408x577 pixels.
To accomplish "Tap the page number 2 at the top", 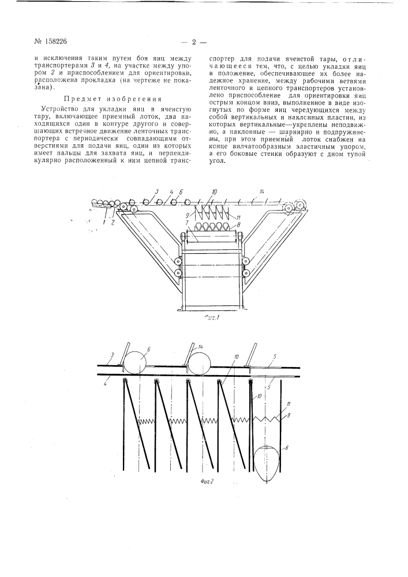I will (x=194, y=42).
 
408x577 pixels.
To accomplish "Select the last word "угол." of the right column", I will (x=219, y=161).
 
